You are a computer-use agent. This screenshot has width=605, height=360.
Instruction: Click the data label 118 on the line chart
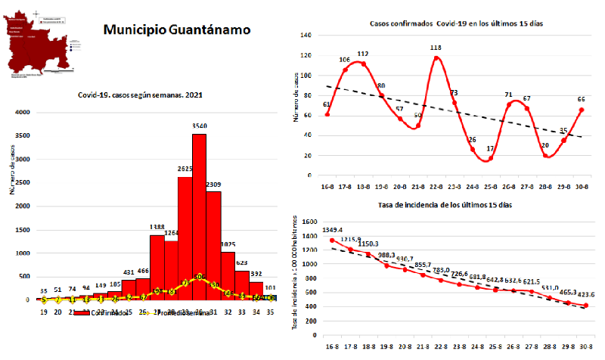pos(436,48)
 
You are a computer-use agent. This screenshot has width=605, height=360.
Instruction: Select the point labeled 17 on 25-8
pos(490,158)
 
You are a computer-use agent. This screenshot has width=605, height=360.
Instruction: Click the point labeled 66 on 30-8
pos(582,110)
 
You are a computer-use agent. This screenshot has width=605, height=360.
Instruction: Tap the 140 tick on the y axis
pos(306,36)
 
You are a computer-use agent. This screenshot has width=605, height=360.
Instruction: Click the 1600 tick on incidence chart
pos(308,222)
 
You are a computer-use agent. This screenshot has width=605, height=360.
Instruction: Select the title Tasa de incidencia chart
pos(455,206)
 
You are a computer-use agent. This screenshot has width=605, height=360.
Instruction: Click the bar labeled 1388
pos(157,268)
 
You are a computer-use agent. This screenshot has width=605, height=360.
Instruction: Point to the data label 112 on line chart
pos(362,54)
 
